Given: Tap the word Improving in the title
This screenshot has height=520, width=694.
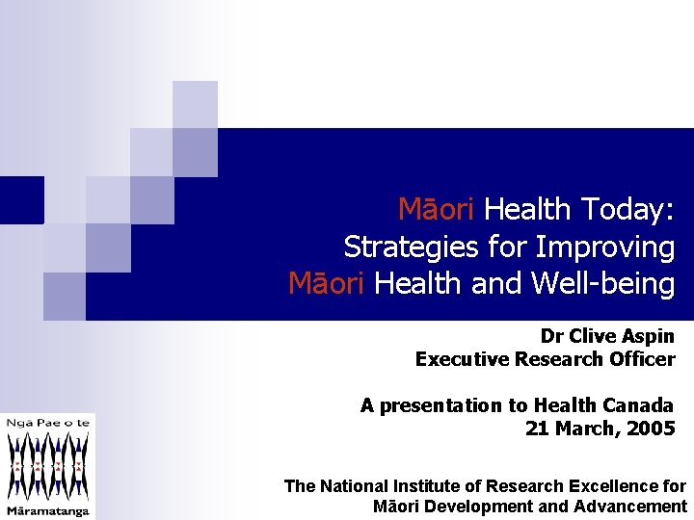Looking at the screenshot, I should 604,247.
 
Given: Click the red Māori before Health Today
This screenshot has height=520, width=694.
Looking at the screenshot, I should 438,209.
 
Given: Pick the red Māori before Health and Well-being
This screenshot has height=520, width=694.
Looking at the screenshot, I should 328,284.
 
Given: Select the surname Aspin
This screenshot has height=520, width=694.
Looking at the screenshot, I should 646,336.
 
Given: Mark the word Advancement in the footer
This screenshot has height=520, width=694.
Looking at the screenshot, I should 627,507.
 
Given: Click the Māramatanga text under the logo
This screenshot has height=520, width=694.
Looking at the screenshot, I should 48,509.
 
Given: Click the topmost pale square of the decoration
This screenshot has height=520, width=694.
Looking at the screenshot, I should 195,104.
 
